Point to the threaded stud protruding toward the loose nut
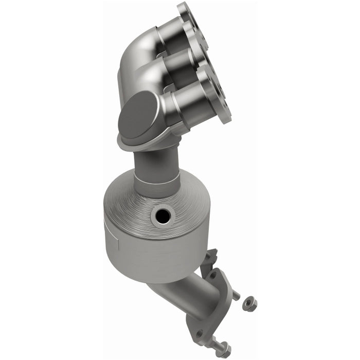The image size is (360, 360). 235,295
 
